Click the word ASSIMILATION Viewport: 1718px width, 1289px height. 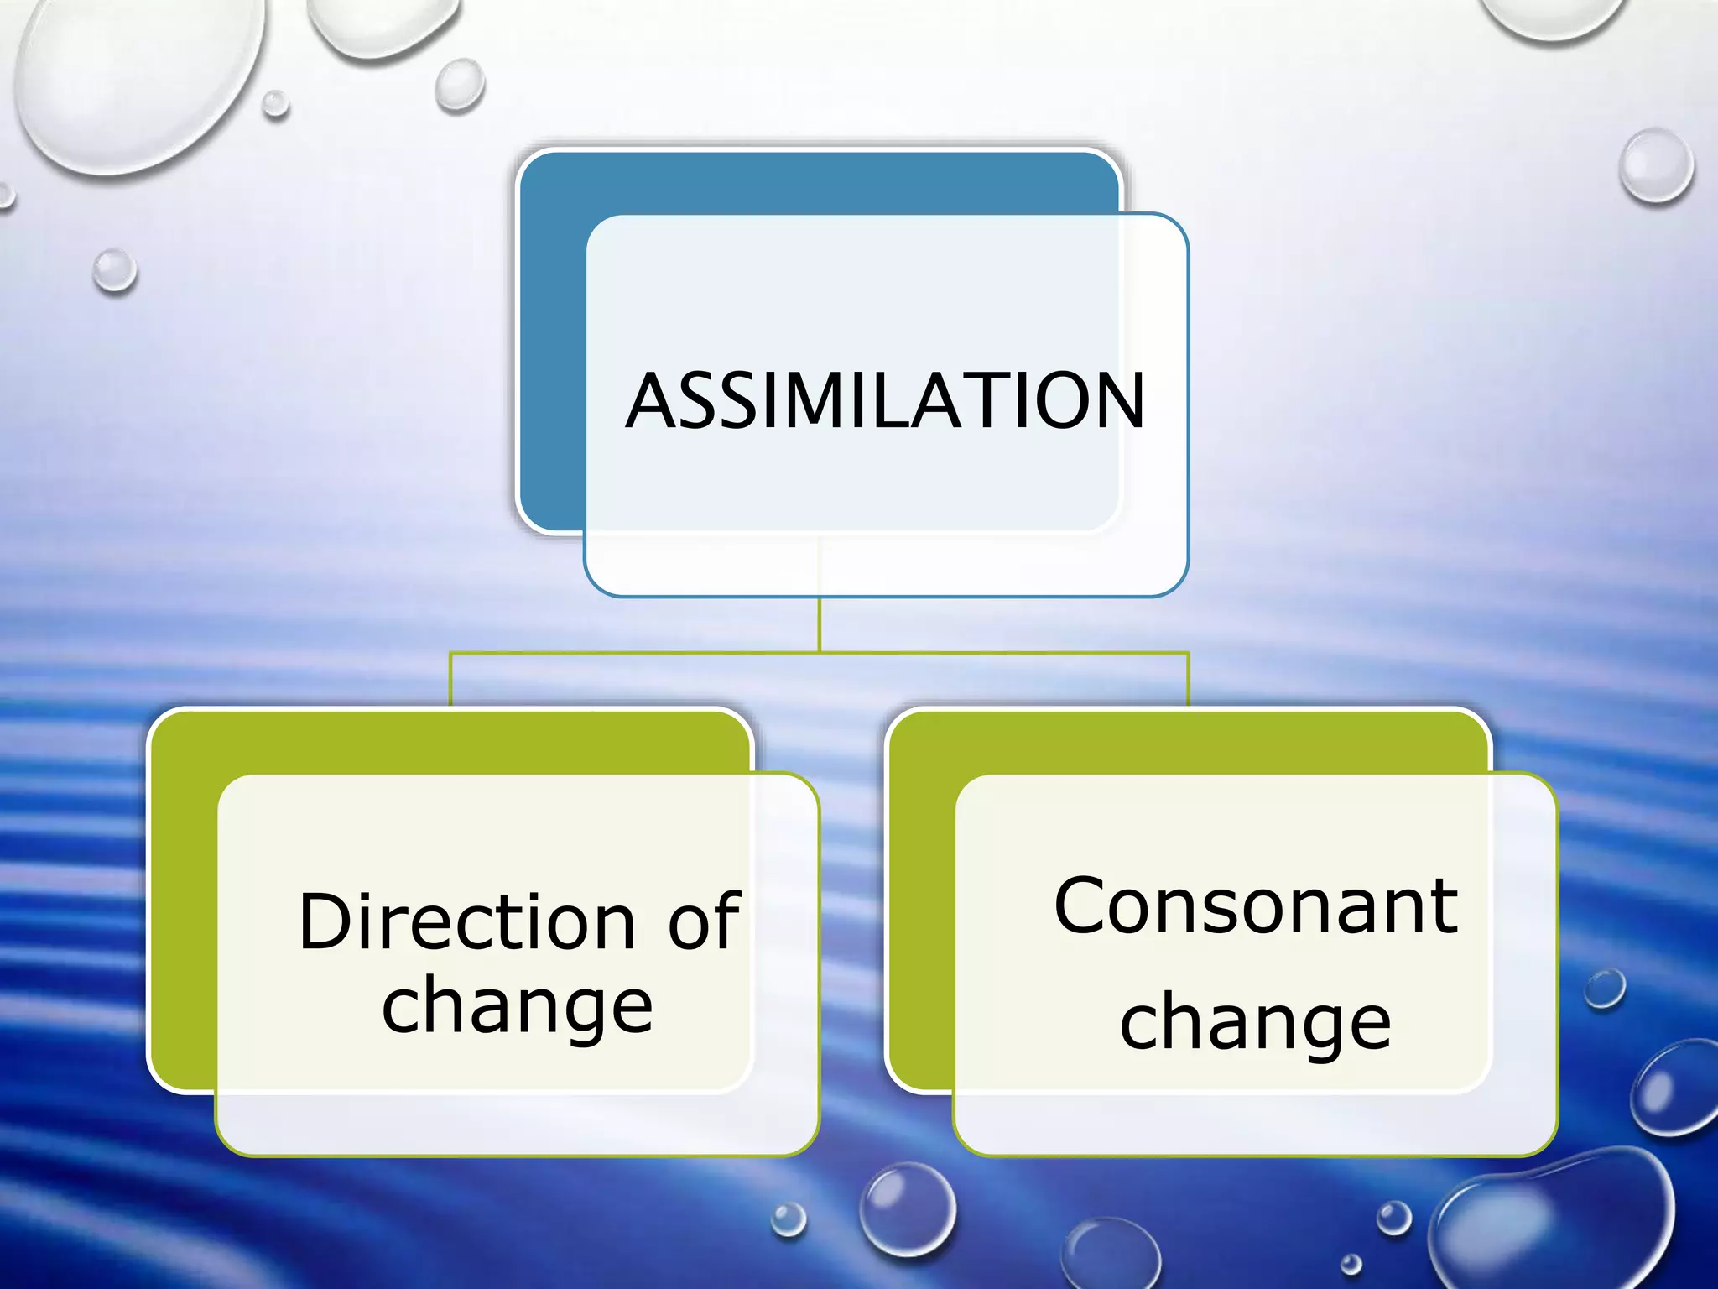click(885, 401)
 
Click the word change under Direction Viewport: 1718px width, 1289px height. click(517, 1007)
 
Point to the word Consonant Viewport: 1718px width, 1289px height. click(1256, 906)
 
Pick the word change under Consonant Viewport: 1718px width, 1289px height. click(1256, 1024)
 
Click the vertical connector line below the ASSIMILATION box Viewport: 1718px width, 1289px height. click(820, 625)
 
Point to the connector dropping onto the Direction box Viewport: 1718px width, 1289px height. click(451, 680)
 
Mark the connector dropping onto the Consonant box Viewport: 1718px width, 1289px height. click(1188, 680)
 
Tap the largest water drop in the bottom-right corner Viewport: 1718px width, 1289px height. click(1552, 1225)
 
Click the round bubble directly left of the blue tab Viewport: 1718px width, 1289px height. click(115, 270)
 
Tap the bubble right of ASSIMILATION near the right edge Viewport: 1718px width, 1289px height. click(1657, 165)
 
